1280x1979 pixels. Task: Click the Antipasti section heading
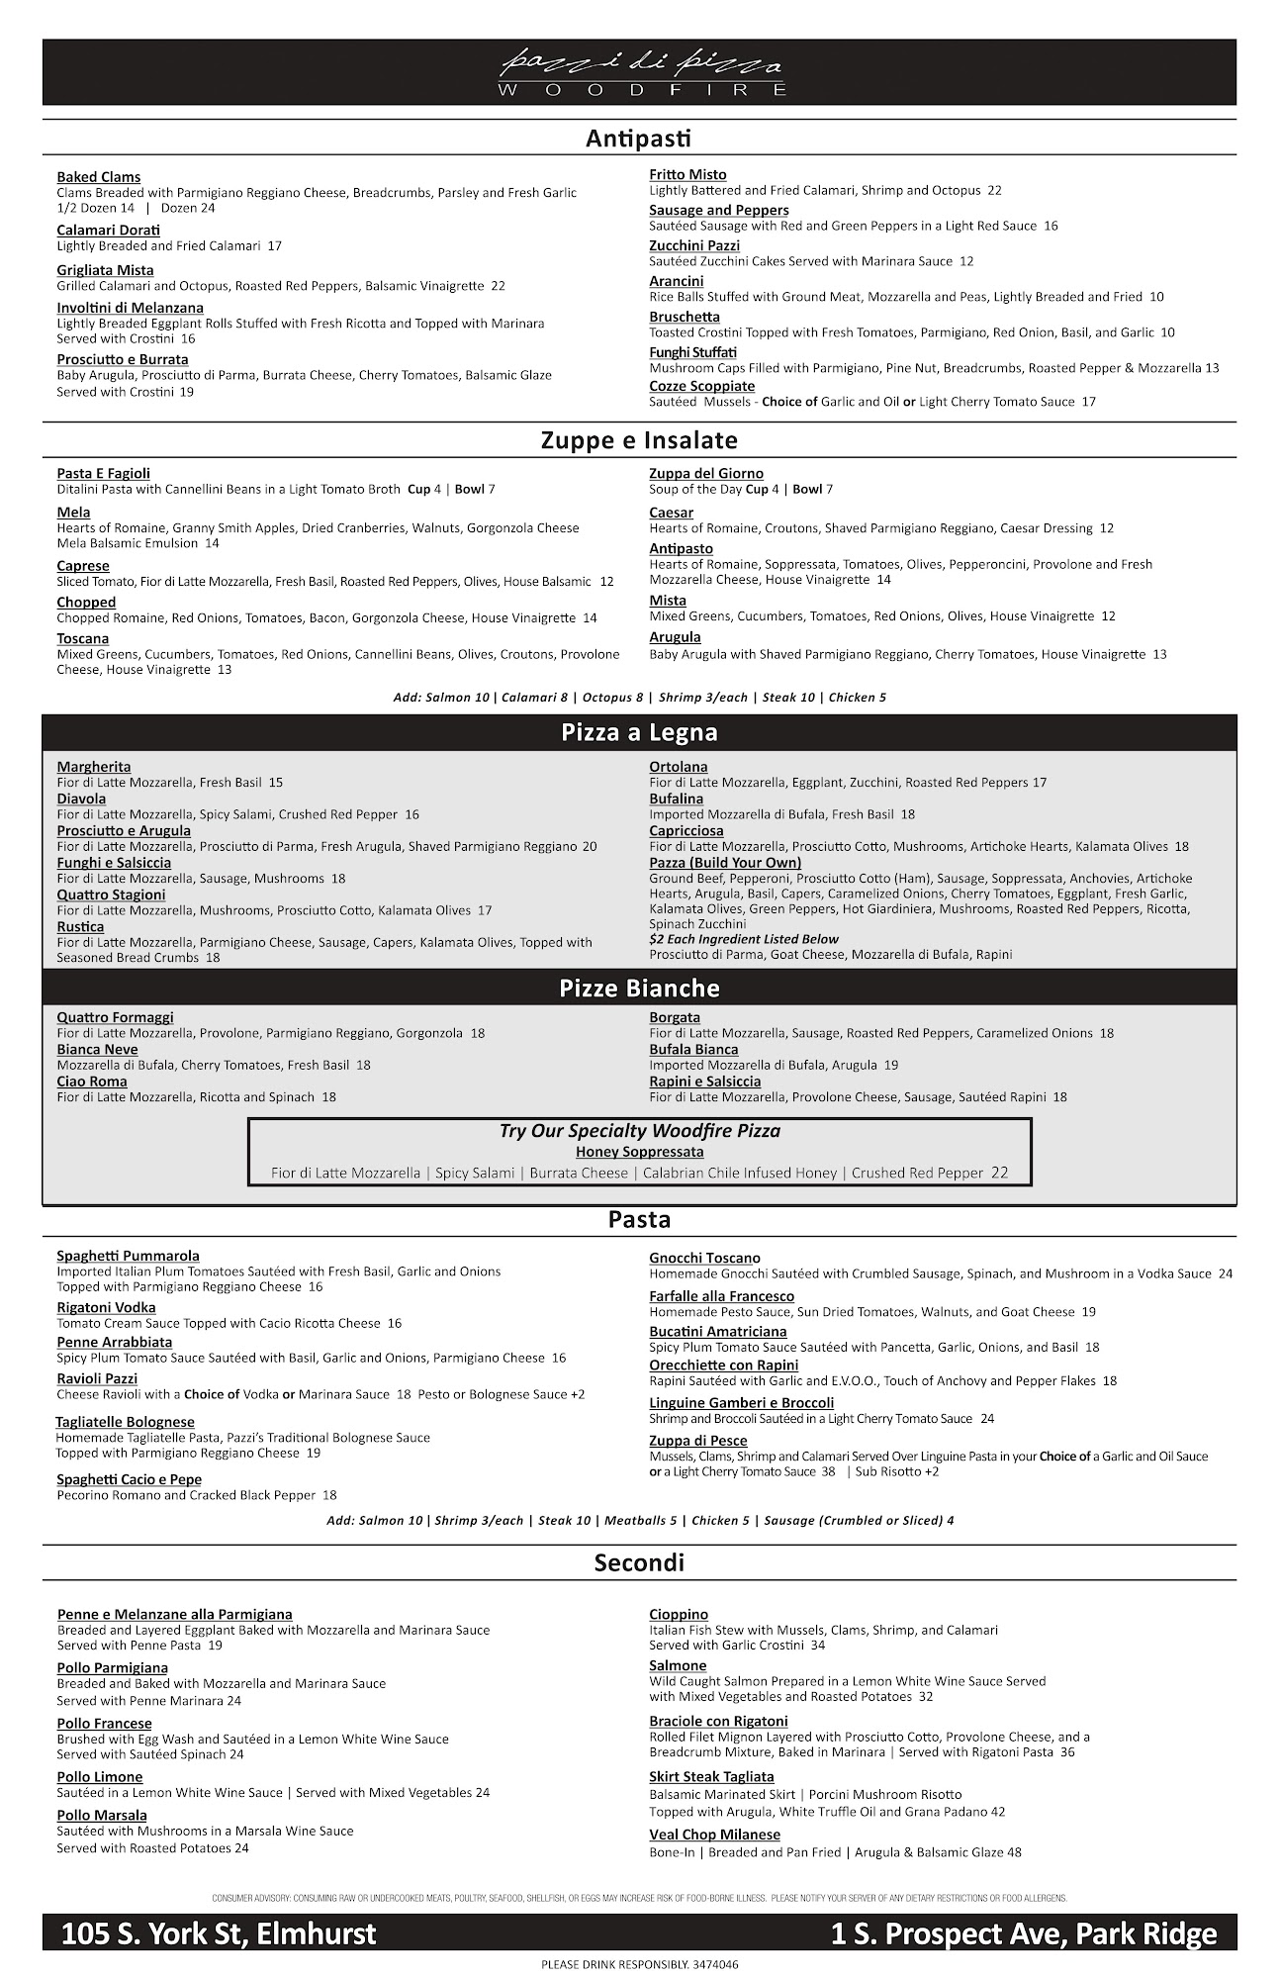click(x=638, y=139)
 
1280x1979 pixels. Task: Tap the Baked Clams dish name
click(x=99, y=177)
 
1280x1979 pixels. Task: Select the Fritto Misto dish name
click(x=687, y=175)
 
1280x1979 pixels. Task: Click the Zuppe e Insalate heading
click(x=639, y=440)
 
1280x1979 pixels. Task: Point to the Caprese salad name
click(x=83, y=566)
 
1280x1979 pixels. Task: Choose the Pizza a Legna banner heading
click(x=639, y=733)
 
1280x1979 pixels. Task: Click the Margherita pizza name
click(x=94, y=767)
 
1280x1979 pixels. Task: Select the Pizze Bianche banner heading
click(x=639, y=989)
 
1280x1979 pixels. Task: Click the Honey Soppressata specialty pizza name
click(x=639, y=1152)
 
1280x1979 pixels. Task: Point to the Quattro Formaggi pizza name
click(x=115, y=1017)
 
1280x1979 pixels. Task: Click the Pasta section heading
click(x=639, y=1220)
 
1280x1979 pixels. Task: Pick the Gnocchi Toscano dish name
click(x=704, y=1258)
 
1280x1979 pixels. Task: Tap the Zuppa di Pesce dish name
click(x=697, y=1441)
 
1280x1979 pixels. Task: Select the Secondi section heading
click(x=639, y=1563)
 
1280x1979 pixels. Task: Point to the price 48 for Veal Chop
click(x=1014, y=1851)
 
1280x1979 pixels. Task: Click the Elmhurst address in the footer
click(x=219, y=1934)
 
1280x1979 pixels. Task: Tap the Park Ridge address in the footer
click(x=1024, y=1934)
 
